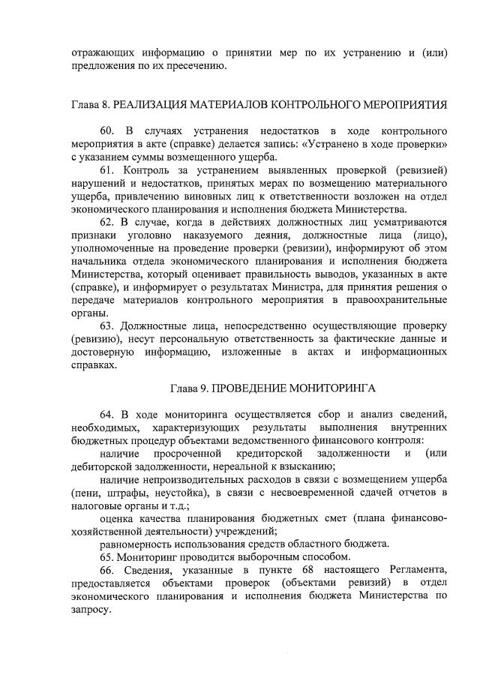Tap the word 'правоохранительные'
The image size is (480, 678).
pos(400,300)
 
